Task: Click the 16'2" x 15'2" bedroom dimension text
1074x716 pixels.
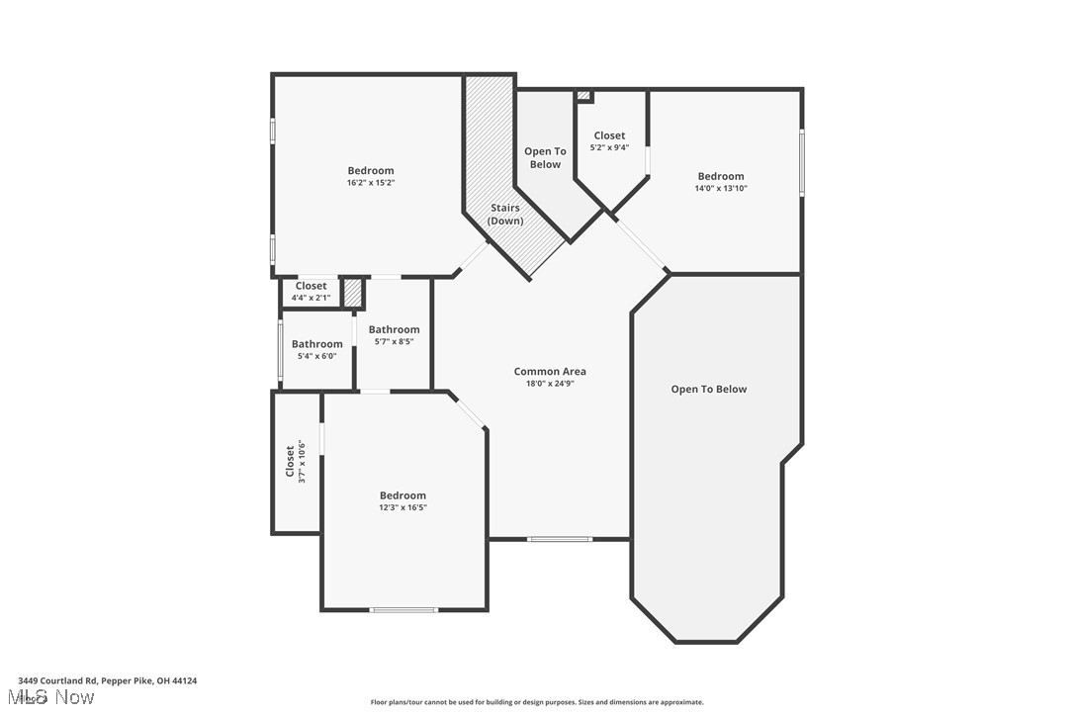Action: [370, 183]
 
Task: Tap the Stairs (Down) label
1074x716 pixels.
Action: [505, 215]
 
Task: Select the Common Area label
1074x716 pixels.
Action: [550, 372]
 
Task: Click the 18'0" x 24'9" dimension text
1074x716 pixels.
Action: [550, 384]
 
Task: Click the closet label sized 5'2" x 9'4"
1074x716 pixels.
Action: [609, 135]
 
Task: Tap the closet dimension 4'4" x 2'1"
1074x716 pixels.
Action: [311, 298]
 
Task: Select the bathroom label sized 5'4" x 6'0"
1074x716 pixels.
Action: [316, 344]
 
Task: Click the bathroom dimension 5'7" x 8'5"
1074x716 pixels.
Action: [394, 342]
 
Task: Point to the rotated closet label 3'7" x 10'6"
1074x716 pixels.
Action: [290, 461]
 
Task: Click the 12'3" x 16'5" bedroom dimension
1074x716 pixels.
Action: [403, 507]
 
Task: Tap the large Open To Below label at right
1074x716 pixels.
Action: [709, 390]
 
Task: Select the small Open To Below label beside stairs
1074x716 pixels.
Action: [545, 158]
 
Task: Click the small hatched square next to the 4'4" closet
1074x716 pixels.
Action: [353, 294]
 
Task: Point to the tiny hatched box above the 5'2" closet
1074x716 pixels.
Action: [583, 96]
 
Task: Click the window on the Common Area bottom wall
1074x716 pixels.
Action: [560, 539]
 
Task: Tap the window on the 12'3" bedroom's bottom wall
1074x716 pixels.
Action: [403, 610]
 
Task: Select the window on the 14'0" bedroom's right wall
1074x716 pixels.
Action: [801, 162]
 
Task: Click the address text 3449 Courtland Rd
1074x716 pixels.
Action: [107, 680]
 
